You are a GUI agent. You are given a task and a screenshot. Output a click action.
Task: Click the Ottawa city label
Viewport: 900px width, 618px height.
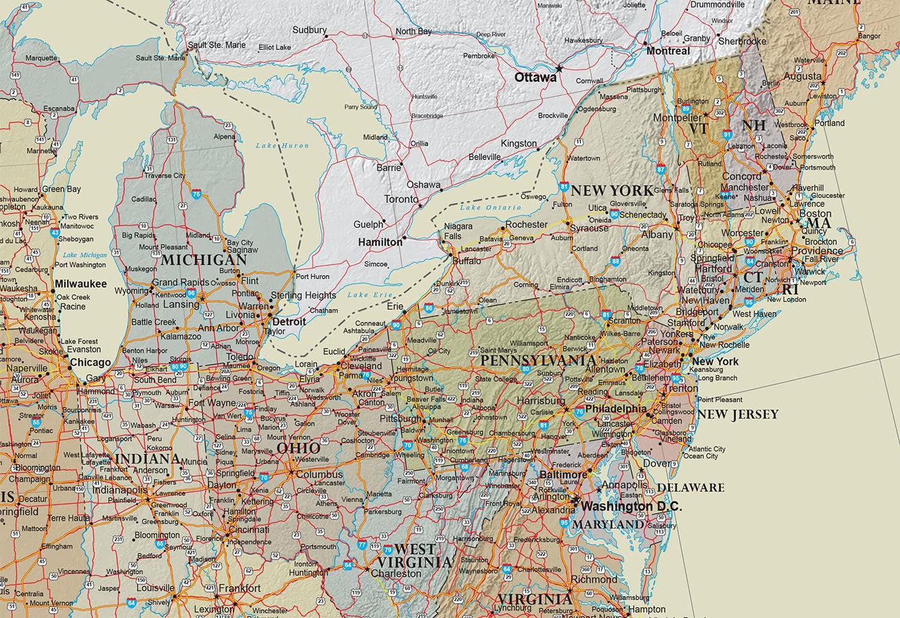point(535,78)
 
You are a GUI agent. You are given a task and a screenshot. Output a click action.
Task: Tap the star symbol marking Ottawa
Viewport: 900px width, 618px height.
point(559,68)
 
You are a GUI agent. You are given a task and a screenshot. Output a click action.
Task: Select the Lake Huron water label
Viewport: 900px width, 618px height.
point(282,146)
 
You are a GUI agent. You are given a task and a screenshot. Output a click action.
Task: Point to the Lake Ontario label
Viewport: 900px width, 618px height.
point(490,207)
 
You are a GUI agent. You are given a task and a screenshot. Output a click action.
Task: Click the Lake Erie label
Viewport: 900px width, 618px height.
point(370,294)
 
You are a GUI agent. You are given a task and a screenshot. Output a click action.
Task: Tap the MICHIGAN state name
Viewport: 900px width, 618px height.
point(204,260)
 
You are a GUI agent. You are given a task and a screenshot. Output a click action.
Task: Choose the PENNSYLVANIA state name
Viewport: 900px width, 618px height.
point(538,360)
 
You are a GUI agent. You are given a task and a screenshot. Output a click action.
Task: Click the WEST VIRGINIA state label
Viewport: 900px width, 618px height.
point(414,556)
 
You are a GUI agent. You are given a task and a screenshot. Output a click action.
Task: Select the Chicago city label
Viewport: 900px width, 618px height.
point(90,362)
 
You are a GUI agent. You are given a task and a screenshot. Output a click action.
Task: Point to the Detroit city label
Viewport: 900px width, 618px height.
point(289,322)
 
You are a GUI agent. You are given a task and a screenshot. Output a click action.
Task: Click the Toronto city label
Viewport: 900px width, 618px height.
point(401,199)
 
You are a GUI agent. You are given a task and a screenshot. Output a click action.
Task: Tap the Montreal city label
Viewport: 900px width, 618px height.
point(668,51)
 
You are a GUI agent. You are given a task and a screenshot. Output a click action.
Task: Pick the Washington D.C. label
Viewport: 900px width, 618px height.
point(631,507)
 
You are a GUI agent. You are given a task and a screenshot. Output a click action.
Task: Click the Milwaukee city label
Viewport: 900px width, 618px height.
point(80,284)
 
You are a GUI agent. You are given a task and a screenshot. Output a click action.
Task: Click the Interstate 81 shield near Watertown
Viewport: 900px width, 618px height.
point(564,185)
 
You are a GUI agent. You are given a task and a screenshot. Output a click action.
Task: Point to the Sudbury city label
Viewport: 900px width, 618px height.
point(309,30)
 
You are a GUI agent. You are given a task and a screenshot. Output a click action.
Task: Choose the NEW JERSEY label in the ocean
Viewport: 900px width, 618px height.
point(737,414)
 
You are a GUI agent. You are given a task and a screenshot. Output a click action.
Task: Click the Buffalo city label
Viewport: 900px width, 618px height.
point(467,261)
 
